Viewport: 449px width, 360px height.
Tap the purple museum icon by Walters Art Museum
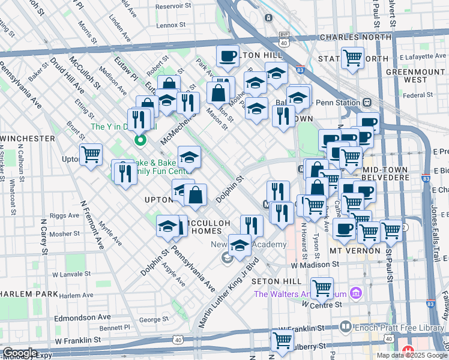pos(356,294)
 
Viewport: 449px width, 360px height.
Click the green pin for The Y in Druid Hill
pos(140,141)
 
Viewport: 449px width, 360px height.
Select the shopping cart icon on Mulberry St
pos(282,339)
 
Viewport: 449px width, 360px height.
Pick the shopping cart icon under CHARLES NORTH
pos(352,58)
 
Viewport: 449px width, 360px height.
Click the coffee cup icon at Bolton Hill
pos(228,56)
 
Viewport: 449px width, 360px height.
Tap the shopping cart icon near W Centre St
pos(322,287)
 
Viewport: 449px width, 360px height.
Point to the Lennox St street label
pos(171,26)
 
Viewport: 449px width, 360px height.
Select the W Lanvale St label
pos(70,274)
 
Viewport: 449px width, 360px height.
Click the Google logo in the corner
pos(20,353)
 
